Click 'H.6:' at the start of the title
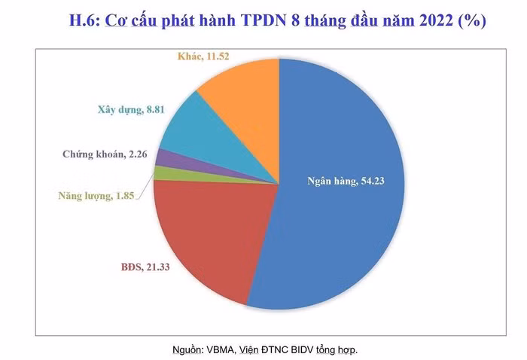pos(84,21)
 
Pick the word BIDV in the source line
pos(301,349)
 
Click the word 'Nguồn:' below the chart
pos(188,349)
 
